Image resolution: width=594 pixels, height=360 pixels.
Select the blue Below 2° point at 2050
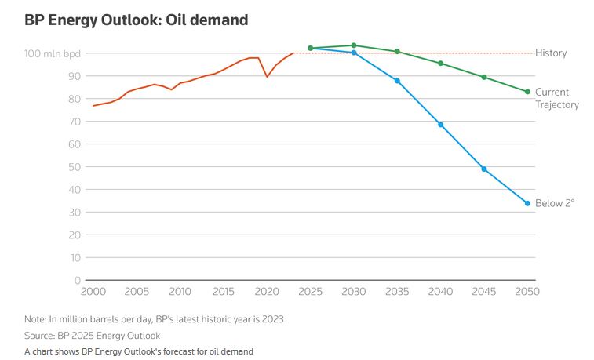(527, 203)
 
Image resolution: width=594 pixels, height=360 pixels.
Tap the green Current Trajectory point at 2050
(527, 92)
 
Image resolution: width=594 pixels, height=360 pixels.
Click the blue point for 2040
(440, 125)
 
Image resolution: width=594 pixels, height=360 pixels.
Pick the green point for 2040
(440, 64)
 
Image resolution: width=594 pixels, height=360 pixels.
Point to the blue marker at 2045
(484, 169)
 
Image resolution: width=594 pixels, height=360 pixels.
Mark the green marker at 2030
(354, 45)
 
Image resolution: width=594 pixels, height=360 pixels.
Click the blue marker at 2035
(397, 81)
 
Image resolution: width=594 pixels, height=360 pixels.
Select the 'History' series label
(551, 53)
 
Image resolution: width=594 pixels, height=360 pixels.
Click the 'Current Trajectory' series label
(557, 98)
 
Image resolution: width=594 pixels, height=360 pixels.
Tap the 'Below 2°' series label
(555, 203)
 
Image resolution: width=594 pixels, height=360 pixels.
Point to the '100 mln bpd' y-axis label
(53, 53)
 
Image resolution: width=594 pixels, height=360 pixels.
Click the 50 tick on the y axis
(75, 167)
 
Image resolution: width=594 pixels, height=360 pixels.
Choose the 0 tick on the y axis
(78, 280)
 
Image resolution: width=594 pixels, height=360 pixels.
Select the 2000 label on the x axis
(93, 292)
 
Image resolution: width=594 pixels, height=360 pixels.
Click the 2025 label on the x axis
(311, 292)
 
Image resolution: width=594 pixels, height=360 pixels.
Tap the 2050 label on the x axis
(527, 292)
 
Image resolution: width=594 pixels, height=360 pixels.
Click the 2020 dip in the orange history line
(268, 76)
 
